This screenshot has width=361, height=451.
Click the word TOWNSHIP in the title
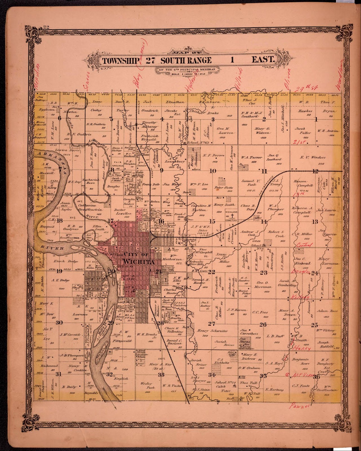tap(120, 60)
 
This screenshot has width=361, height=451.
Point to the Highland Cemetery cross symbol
tap(232, 216)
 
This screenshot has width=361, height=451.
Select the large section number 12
tap(315, 171)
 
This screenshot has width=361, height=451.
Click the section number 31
tap(58, 374)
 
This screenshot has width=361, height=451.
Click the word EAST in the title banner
tap(263, 60)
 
